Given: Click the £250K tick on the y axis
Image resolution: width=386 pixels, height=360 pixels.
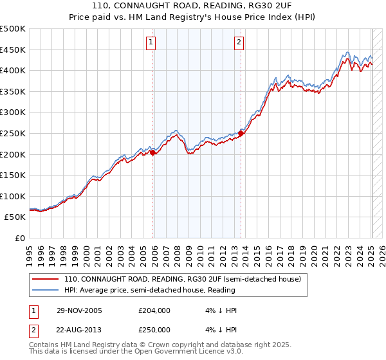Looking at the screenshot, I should pos(14,133).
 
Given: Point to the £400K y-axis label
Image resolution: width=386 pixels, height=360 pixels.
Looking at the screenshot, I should pos(14,70).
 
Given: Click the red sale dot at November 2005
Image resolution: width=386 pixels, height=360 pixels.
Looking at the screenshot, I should pos(153,152).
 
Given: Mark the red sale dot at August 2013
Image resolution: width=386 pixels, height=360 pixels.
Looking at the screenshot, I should pos(241,133).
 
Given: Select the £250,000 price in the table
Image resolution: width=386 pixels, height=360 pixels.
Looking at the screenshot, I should pos(154,329).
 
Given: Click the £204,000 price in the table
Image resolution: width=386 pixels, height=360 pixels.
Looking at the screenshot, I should pos(154,310).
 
